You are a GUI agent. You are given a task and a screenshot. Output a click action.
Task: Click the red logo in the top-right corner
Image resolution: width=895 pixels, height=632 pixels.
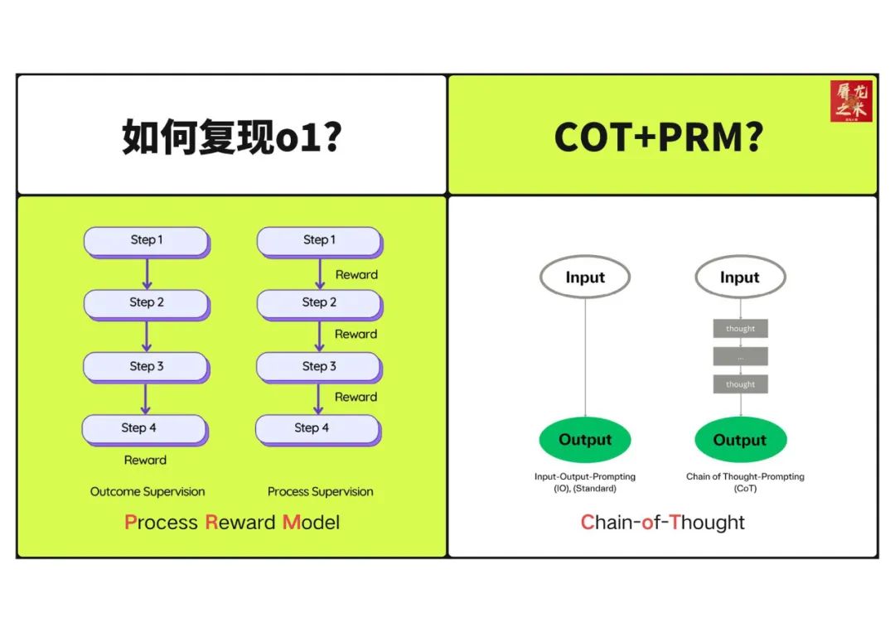[851, 101]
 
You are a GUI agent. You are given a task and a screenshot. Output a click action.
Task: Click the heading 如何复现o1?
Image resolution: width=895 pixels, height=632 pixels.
[232, 137]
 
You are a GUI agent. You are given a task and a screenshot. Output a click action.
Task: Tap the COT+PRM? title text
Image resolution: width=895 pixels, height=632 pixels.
[659, 137]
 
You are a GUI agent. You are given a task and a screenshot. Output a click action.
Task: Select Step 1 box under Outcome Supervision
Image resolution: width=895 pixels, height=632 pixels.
[146, 240]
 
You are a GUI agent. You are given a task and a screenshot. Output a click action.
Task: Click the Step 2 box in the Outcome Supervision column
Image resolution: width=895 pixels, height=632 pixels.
[146, 303]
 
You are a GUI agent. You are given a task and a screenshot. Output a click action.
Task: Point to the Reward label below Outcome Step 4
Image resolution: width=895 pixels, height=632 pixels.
[145, 461]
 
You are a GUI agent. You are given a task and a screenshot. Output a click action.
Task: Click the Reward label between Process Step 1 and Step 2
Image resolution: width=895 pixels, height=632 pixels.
[356, 275]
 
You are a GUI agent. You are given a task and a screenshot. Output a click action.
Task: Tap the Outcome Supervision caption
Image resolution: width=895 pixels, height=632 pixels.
[148, 492]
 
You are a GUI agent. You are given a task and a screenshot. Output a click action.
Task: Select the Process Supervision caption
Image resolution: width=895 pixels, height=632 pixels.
[321, 492]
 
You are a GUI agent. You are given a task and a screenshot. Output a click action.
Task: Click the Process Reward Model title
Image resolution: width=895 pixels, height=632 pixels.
[232, 523]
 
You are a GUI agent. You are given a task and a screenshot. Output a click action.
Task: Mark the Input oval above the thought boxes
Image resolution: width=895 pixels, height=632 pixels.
[740, 277]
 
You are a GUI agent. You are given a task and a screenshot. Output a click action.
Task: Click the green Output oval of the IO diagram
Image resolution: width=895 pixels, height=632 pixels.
[585, 440]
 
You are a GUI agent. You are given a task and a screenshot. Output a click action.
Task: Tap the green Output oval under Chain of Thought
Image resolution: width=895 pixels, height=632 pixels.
[740, 440]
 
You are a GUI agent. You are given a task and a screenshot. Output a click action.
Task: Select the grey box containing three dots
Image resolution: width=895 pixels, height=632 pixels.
[740, 357]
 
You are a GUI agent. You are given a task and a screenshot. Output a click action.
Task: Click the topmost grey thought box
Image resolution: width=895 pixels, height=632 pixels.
[740, 329]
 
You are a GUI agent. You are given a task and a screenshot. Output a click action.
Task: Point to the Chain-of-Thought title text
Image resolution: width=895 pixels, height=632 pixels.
[662, 523]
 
